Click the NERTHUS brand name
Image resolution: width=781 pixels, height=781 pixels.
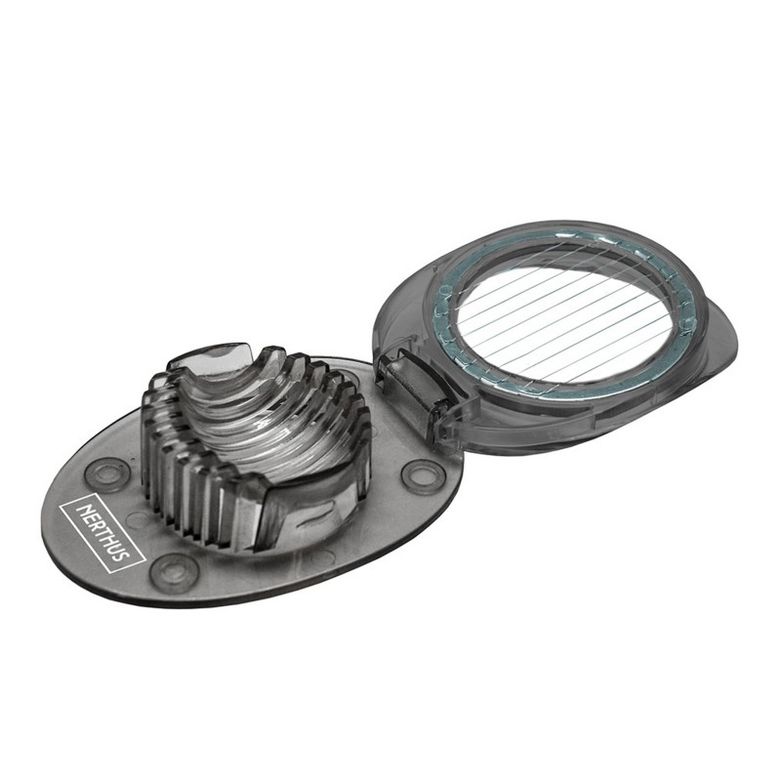tap(103, 532)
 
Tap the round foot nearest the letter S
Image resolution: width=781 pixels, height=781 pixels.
tap(176, 571)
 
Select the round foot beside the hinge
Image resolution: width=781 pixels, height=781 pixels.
tap(421, 476)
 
